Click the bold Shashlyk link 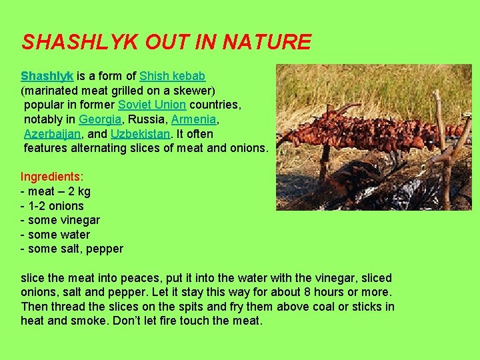click(x=47, y=75)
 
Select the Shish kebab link click(x=172, y=75)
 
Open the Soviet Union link click(x=153, y=105)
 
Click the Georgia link click(x=100, y=119)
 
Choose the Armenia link click(x=194, y=119)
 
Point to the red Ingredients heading click(x=52, y=177)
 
